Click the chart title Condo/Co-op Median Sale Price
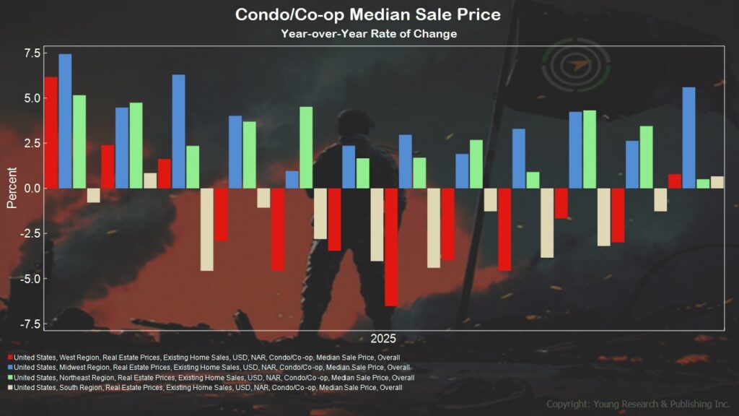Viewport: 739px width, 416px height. click(x=369, y=14)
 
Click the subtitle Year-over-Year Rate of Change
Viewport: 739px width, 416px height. click(x=369, y=34)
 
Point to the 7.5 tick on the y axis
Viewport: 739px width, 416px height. click(x=32, y=53)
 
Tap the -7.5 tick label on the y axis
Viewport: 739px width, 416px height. click(x=29, y=324)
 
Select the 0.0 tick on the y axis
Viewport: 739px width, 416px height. click(x=32, y=188)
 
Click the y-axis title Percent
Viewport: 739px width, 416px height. click(x=12, y=188)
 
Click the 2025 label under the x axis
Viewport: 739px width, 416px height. click(x=383, y=339)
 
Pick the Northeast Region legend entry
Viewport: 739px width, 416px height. click(x=214, y=378)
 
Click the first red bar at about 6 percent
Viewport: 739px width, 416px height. click(x=51, y=133)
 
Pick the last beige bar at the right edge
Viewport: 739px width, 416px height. click(x=717, y=182)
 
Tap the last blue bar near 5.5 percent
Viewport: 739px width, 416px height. click(x=688, y=138)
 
